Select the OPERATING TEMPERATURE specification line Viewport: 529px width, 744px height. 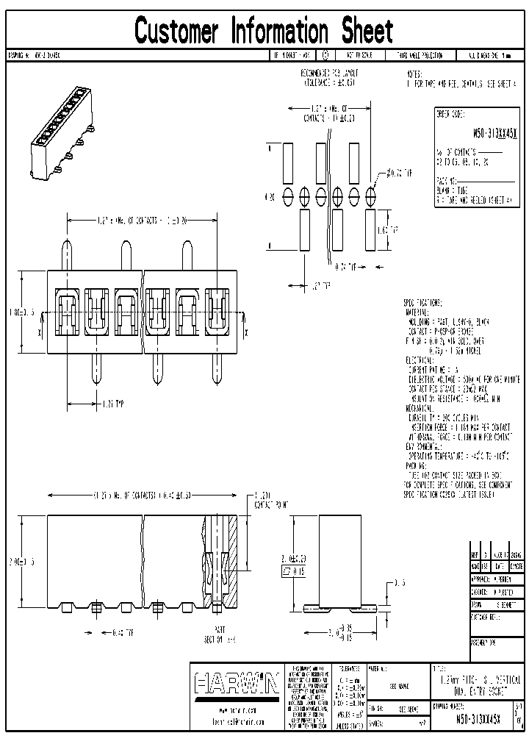tap(456, 455)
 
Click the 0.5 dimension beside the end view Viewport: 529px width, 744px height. tap(399, 582)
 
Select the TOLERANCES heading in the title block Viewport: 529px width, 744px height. tap(345, 668)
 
